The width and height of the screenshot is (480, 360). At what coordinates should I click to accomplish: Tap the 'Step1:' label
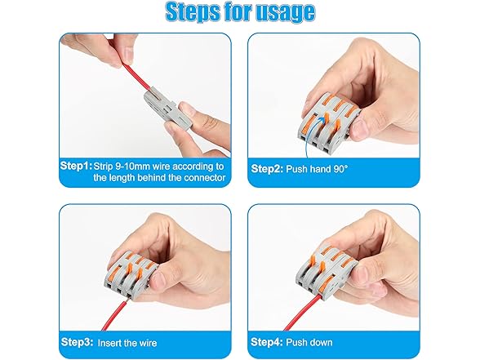point(76,166)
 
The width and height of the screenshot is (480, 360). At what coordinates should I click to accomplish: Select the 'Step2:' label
point(267,169)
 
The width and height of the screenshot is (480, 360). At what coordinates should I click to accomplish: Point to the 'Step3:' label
point(77,342)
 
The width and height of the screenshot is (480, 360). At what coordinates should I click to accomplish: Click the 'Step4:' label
point(266,342)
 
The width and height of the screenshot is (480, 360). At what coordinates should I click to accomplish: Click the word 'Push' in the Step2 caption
point(296,169)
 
